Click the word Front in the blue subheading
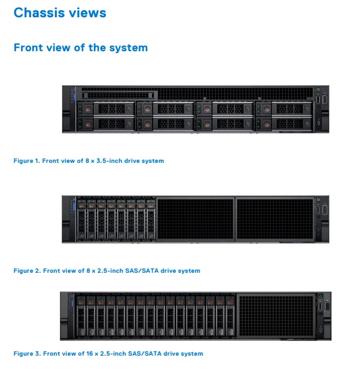(x=28, y=48)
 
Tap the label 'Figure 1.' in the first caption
(x=26, y=161)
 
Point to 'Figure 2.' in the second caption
(x=27, y=270)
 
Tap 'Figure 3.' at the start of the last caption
(x=27, y=353)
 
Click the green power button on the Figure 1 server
(x=318, y=90)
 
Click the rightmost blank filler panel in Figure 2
(x=274, y=219)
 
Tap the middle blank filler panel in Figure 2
(x=195, y=219)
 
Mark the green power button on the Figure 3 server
(x=320, y=296)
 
